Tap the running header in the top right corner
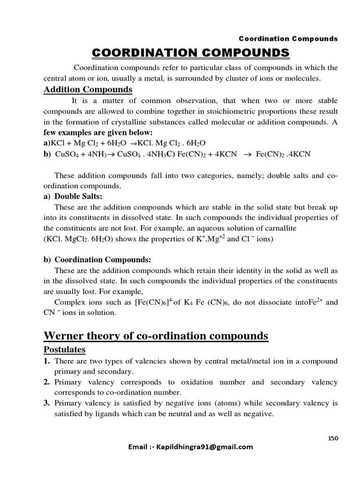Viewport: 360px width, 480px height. tap(288, 38)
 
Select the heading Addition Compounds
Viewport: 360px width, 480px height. tap(88, 90)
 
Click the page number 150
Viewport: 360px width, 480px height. tap(332, 438)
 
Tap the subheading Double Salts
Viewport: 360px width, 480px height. tap(75, 196)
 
